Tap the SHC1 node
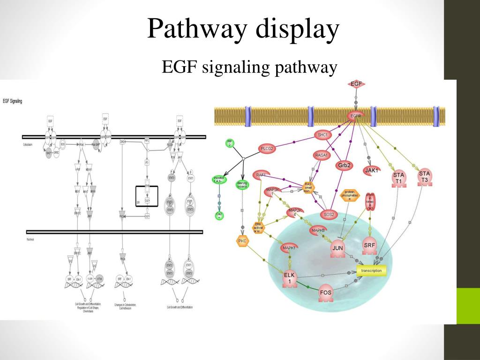coord(322,135)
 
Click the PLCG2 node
coord(266,149)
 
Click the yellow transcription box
coord(372,271)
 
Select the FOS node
coord(326,293)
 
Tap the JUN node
coord(337,248)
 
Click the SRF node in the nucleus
coord(370,245)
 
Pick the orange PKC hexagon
coord(242,241)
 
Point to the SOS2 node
coord(329,215)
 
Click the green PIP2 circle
coord(230,143)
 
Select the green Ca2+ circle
coord(219,216)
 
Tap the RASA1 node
coord(321,155)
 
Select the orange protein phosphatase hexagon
coord(347,195)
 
